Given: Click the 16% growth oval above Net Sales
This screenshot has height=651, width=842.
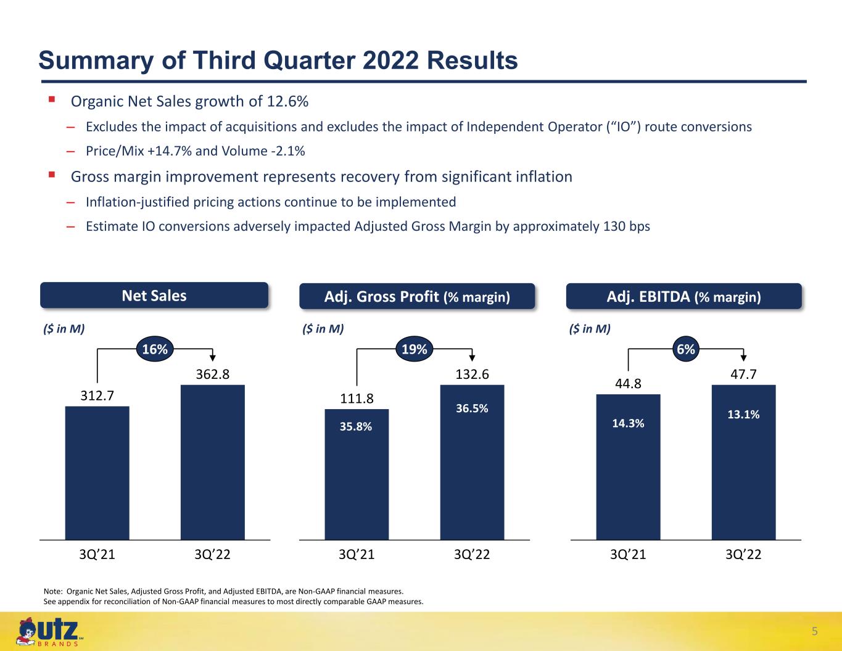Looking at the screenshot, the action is [x=155, y=349].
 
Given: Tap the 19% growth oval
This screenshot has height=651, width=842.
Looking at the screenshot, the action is [x=414, y=349].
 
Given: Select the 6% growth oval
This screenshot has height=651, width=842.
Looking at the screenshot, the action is [x=685, y=349].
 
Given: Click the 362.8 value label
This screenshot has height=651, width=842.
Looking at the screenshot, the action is [x=212, y=375].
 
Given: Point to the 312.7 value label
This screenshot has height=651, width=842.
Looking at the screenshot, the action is [x=97, y=396].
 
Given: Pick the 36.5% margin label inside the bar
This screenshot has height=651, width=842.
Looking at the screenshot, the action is [x=471, y=408].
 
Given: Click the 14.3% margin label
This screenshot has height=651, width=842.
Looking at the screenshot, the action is [x=628, y=423].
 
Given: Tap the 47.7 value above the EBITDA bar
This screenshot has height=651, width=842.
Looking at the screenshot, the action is [x=743, y=375].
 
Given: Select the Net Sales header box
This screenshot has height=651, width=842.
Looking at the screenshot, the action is [x=154, y=296].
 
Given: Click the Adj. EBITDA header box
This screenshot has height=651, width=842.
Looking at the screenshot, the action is [x=683, y=296].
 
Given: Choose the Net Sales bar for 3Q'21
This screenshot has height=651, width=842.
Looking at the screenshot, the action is [x=97, y=473].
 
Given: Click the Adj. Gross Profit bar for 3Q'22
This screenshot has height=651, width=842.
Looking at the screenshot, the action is [x=472, y=462].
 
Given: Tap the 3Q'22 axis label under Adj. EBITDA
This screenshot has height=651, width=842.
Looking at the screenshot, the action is [x=743, y=555].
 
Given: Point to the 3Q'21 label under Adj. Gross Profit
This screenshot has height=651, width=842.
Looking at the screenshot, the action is [x=357, y=555].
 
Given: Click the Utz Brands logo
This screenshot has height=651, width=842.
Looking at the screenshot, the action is [x=49, y=632].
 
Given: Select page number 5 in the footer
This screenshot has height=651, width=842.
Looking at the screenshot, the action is [x=814, y=631].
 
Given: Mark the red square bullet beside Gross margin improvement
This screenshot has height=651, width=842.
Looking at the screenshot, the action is [x=52, y=175].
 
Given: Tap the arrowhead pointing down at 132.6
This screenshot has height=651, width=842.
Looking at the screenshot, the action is [x=471, y=358].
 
